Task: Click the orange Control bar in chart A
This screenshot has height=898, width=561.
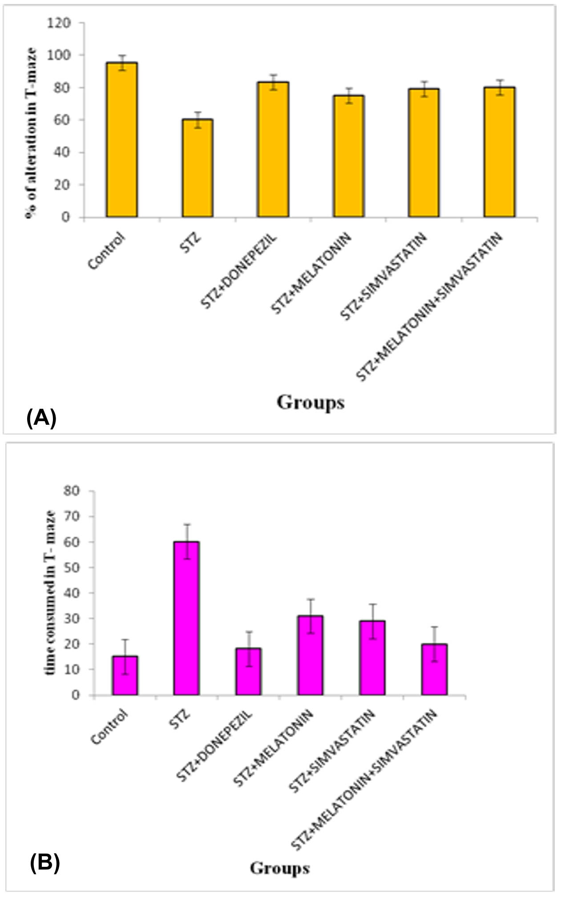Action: point(121,140)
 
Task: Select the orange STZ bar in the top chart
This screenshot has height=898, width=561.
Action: point(197,168)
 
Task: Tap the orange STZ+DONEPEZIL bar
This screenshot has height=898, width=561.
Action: point(273,149)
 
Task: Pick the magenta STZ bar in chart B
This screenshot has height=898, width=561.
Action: point(186,618)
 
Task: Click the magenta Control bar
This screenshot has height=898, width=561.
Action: point(125,676)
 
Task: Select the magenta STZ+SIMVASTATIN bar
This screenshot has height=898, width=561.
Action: point(372,658)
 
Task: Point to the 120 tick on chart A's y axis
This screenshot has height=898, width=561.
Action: point(62,23)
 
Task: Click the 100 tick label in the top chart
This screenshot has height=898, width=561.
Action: point(62,55)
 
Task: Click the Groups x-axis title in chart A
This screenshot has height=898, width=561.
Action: point(311,403)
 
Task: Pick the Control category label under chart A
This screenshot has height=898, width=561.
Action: point(107,251)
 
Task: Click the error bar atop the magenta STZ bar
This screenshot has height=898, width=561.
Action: point(187,541)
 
